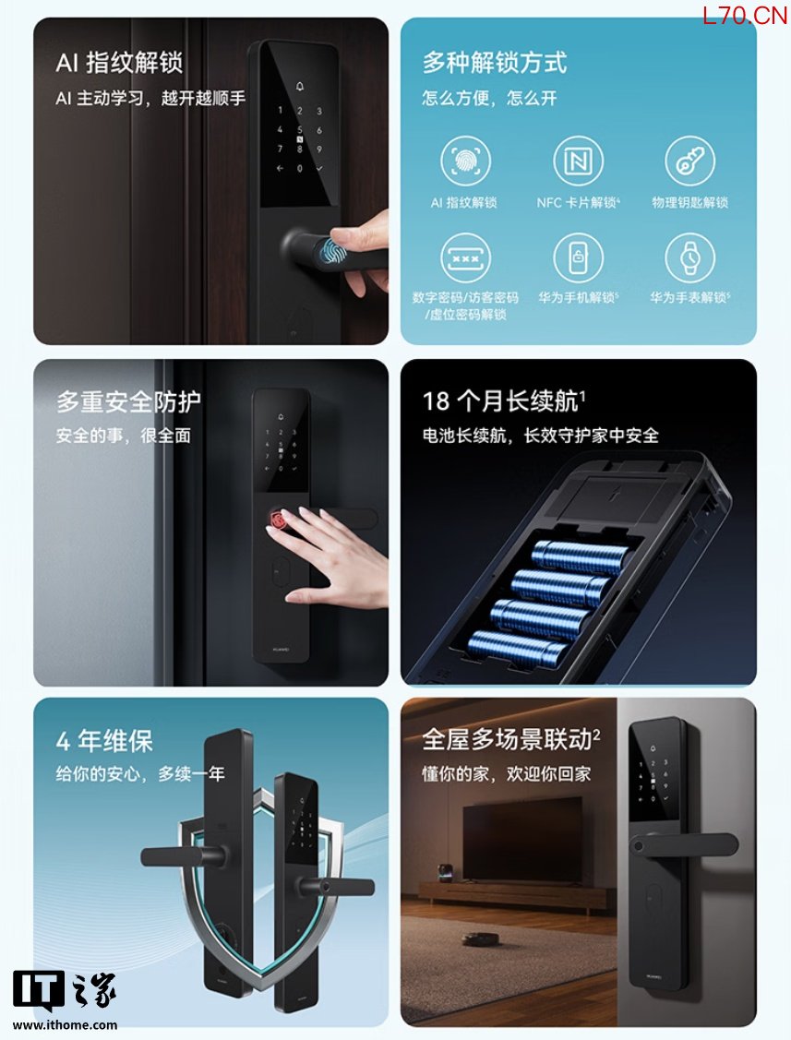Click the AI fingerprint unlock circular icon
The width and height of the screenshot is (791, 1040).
pyautogui.click(x=465, y=161)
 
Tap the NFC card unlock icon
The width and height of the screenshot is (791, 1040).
pyautogui.click(x=578, y=161)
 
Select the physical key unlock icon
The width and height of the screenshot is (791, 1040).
pyautogui.click(x=690, y=161)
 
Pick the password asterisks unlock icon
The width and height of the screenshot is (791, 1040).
pyautogui.click(x=465, y=257)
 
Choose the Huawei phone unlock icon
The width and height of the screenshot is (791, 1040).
pyautogui.click(x=578, y=257)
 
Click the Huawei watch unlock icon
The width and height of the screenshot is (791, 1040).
pyautogui.click(x=690, y=257)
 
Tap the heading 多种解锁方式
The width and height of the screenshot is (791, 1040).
pyautogui.click(x=495, y=63)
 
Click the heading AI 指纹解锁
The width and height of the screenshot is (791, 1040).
pyautogui.click(x=119, y=63)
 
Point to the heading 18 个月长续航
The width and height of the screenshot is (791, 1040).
pyautogui.click(x=504, y=401)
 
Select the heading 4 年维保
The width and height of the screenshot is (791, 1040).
pyautogui.click(x=105, y=740)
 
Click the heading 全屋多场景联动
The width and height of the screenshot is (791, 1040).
pyautogui.click(x=511, y=739)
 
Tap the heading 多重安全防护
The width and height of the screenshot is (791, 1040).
pyautogui.click(x=128, y=401)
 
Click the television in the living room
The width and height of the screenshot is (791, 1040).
pyautogui.click(x=522, y=841)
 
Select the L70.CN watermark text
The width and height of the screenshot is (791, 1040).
pyautogui.click(x=745, y=16)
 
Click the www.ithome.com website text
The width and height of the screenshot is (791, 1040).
pyautogui.click(x=65, y=1024)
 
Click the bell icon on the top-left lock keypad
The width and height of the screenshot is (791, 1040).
pyautogui.click(x=300, y=86)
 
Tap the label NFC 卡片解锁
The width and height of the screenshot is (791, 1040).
pyautogui.click(x=578, y=202)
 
